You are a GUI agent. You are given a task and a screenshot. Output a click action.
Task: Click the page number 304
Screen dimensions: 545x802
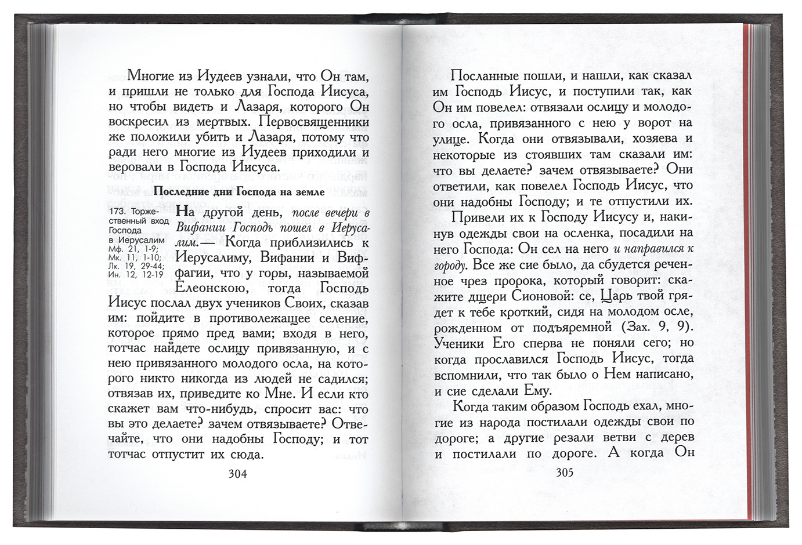(237, 474)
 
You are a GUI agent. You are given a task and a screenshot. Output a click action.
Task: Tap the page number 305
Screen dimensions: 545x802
(564, 473)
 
